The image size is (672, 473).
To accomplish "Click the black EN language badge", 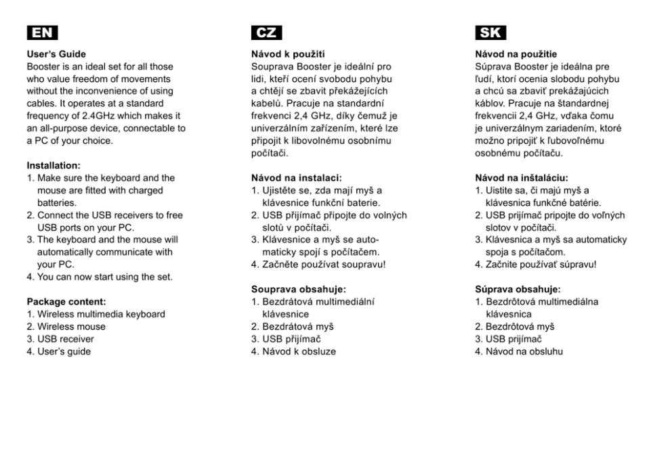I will click(x=42, y=32).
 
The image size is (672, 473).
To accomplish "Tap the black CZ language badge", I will click(x=266, y=32).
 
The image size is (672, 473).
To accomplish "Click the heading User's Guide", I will click(x=56, y=54).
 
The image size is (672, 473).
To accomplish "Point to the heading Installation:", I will click(x=54, y=165).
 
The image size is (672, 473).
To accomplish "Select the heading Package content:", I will click(x=66, y=302).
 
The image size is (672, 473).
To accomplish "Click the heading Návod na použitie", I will click(x=516, y=54).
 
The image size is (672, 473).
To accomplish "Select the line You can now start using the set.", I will click(x=100, y=277).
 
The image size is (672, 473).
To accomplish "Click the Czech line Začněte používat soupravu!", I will click(x=318, y=264).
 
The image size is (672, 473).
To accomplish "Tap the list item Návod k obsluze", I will click(x=298, y=351).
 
